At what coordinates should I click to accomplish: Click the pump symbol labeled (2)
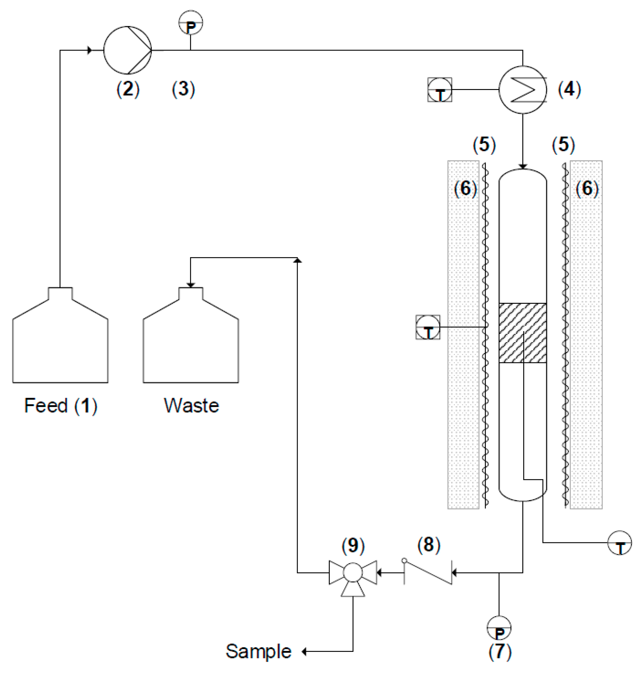point(127,50)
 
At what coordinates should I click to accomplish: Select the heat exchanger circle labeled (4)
point(523,90)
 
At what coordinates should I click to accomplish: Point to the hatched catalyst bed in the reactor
point(522,333)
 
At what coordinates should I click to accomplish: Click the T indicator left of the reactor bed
point(428,327)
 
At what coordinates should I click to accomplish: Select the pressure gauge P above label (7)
point(499,628)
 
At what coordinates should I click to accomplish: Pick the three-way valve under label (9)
point(352,573)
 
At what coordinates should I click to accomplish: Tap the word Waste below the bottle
point(191,406)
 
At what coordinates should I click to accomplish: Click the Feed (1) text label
point(61,406)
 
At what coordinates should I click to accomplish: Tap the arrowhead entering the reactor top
point(523,166)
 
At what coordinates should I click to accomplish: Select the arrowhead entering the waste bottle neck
point(191,285)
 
